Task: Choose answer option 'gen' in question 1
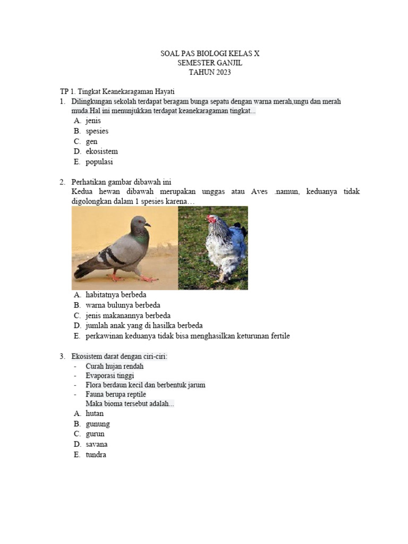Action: coord(91,141)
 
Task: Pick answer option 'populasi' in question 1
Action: coord(99,162)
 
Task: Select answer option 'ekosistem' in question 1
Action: coord(101,151)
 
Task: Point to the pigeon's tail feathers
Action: coord(84,271)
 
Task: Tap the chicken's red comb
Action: coord(211,217)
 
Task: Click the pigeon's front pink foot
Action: coord(148,278)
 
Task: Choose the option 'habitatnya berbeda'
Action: coord(116,294)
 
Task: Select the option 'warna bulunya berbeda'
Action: coord(123,305)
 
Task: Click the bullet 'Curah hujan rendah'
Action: coord(114,367)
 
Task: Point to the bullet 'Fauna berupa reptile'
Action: coord(116,394)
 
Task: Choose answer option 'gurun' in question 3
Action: coord(95,434)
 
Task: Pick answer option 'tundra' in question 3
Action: coord(96,455)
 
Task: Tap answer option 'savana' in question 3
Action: coord(96,444)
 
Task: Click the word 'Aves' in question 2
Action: coord(260,192)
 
